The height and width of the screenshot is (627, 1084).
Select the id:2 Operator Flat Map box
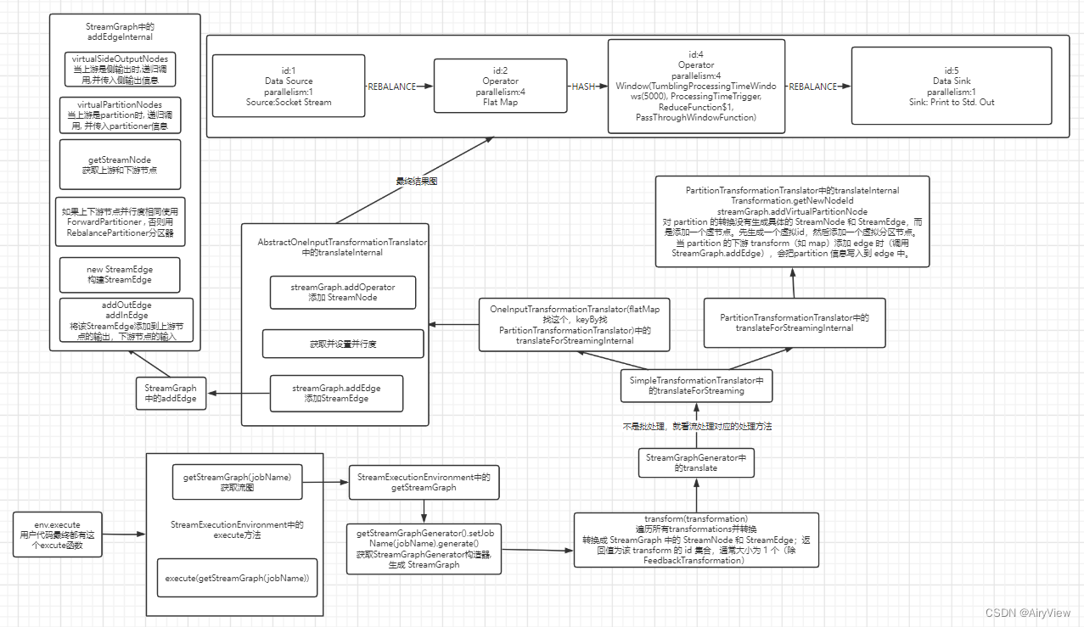(x=500, y=86)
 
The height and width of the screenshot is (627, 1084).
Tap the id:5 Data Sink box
(x=951, y=86)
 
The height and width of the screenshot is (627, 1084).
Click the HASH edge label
(x=583, y=87)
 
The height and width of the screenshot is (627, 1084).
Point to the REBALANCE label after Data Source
(x=391, y=87)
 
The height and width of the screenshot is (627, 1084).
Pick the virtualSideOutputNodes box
(x=121, y=69)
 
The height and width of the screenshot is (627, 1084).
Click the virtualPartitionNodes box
(x=120, y=115)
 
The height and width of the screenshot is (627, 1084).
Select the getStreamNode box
(x=120, y=164)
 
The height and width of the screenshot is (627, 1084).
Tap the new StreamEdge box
(x=120, y=273)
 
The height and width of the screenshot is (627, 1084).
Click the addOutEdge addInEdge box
(x=126, y=320)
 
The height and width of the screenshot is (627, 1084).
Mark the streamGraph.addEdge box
(x=336, y=393)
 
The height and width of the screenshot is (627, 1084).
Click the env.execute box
(x=58, y=535)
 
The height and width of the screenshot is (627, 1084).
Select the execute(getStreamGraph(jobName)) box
(x=237, y=578)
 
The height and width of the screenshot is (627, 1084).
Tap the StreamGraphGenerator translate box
(x=696, y=462)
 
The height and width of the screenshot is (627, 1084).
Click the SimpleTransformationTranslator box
(x=696, y=385)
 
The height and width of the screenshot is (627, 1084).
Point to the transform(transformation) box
(x=696, y=539)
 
